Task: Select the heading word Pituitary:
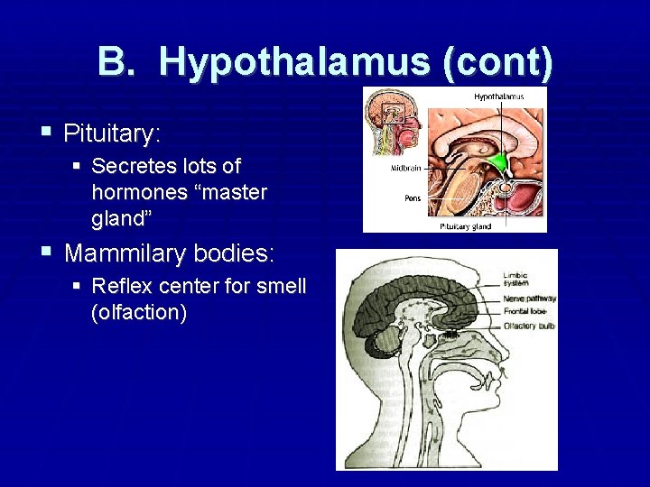pyautogui.click(x=112, y=134)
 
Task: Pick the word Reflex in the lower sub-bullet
pyautogui.click(x=119, y=287)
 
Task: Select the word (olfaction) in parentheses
pyautogui.click(x=139, y=314)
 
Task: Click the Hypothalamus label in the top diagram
pyautogui.click(x=498, y=96)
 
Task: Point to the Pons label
pyautogui.click(x=400, y=198)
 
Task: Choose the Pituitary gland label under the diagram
pyautogui.click(x=466, y=226)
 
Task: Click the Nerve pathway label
pyautogui.click(x=529, y=298)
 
